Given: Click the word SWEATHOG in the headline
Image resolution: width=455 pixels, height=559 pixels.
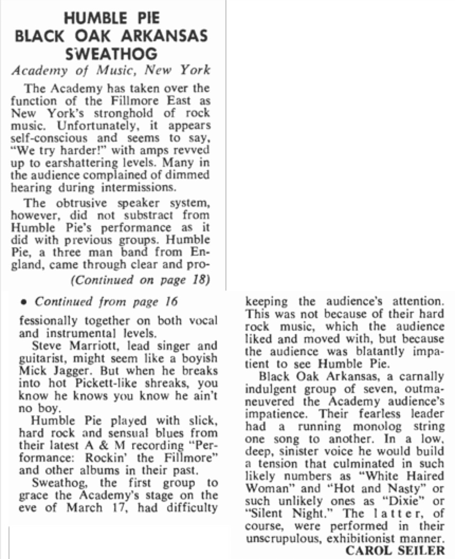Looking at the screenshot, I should pos(111,53).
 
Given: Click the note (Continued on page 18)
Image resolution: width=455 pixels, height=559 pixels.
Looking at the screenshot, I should pos(139,280).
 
